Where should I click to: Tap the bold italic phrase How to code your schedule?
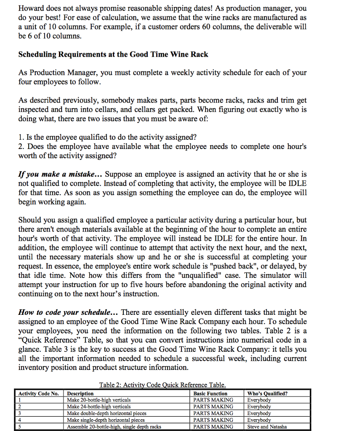(67, 312)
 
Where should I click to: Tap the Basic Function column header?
(210, 394)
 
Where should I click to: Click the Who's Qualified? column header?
(267, 394)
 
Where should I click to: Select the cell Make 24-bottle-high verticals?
(99, 407)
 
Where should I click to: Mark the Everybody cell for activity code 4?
(259, 420)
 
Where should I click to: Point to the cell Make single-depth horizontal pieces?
(106, 420)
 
